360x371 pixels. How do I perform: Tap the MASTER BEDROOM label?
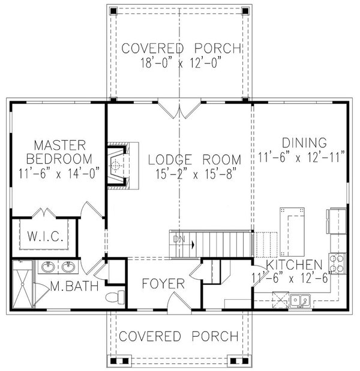tap(59, 152)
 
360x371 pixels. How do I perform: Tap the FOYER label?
tap(163, 283)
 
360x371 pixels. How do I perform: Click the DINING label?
tap(304, 143)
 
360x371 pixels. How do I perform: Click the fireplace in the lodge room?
tap(118, 165)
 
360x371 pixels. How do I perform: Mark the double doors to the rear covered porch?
tap(179, 110)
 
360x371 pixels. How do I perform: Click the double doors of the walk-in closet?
tap(44, 214)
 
